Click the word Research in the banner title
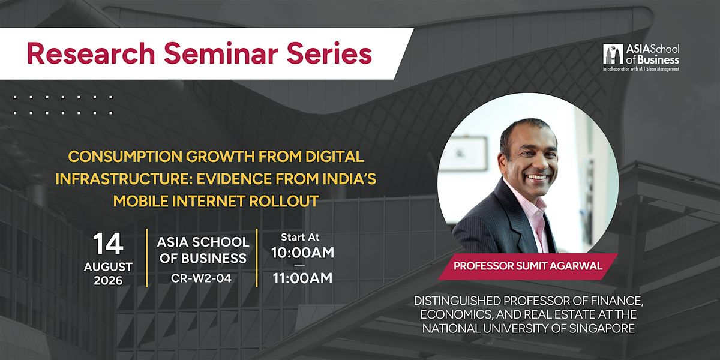[91, 53]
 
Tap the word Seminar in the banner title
[221, 53]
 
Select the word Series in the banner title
[329, 53]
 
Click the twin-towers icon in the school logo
[613, 54]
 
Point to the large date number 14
[108, 244]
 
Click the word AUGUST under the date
[108, 267]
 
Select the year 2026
[108, 281]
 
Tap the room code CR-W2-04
[201, 278]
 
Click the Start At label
[300, 237]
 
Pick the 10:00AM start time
[302, 253]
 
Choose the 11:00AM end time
[302, 278]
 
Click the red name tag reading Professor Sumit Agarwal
[528, 266]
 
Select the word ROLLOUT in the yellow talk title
[283, 201]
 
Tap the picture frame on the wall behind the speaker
[468, 154]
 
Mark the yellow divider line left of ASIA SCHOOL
[147, 258]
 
